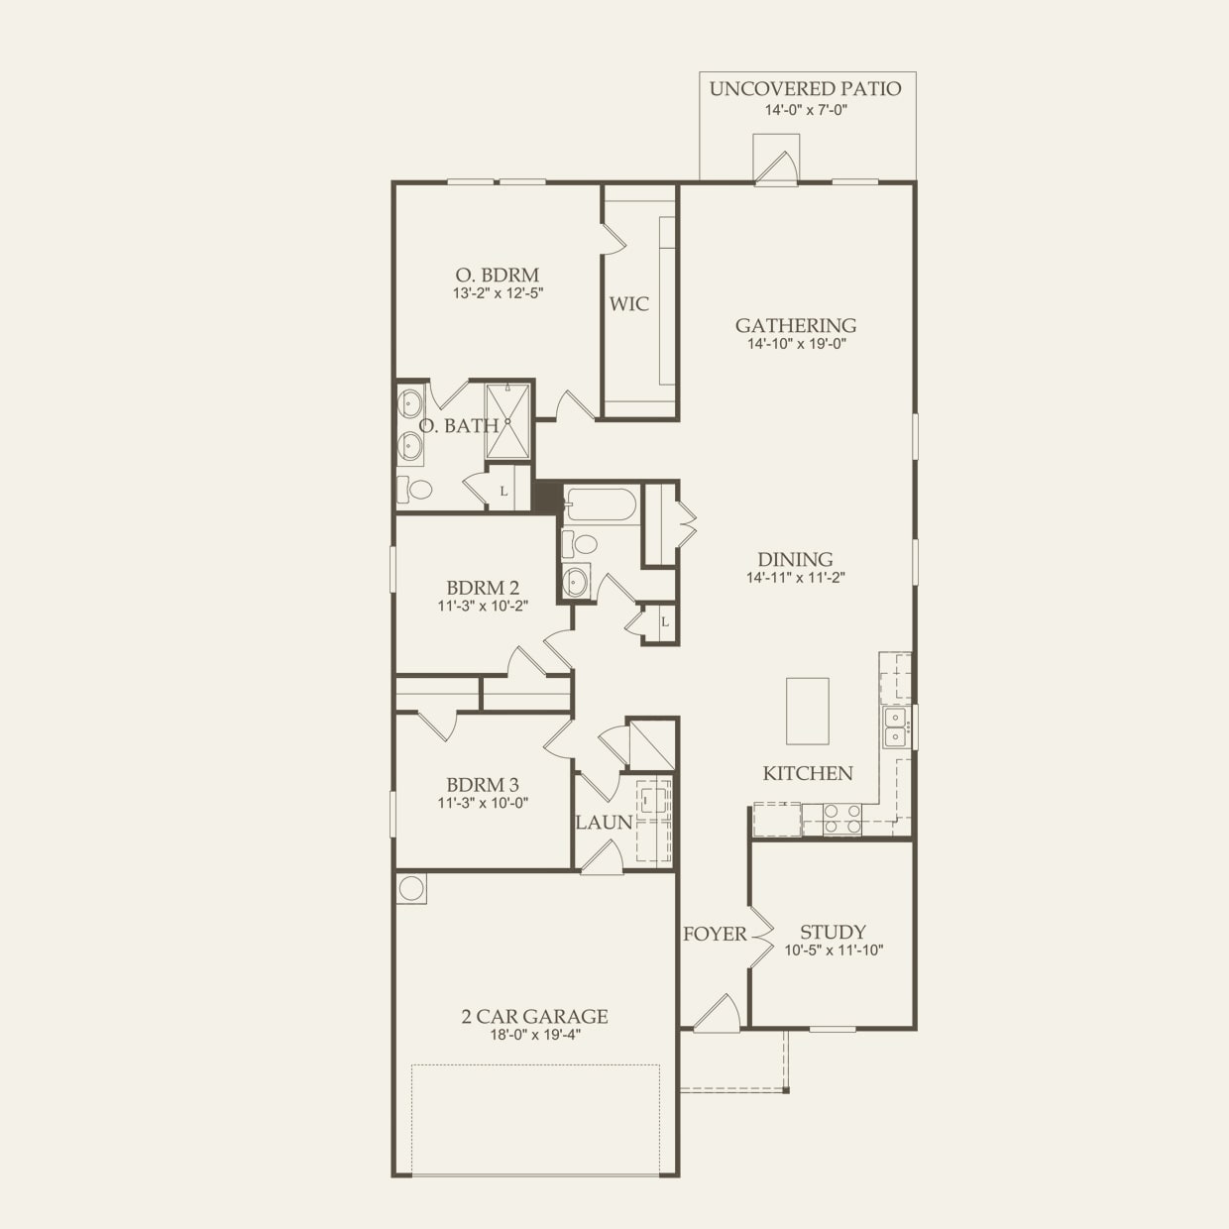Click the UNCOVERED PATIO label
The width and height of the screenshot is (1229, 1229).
(x=805, y=89)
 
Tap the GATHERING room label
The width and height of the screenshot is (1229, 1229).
(x=796, y=325)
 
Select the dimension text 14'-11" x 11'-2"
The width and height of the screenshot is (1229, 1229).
(x=795, y=578)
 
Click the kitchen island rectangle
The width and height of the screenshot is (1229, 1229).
(x=807, y=711)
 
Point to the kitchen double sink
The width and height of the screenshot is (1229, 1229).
(x=895, y=726)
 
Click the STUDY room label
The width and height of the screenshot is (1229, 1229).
(x=833, y=932)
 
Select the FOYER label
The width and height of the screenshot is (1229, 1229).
(x=714, y=934)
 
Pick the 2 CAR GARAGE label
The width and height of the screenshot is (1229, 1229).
(x=534, y=1016)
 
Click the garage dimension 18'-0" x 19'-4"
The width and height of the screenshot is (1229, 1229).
(x=534, y=1035)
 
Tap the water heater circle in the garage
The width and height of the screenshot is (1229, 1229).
(x=411, y=888)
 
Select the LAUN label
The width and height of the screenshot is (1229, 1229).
(x=603, y=823)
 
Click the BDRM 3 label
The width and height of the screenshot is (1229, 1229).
(x=483, y=785)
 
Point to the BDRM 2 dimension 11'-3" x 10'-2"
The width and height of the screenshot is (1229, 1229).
(x=483, y=606)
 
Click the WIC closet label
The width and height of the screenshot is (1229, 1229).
(x=628, y=304)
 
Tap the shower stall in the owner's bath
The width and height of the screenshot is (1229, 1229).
(x=507, y=421)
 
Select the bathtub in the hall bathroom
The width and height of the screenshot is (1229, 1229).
(x=600, y=504)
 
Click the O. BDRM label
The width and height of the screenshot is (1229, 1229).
(x=498, y=275)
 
